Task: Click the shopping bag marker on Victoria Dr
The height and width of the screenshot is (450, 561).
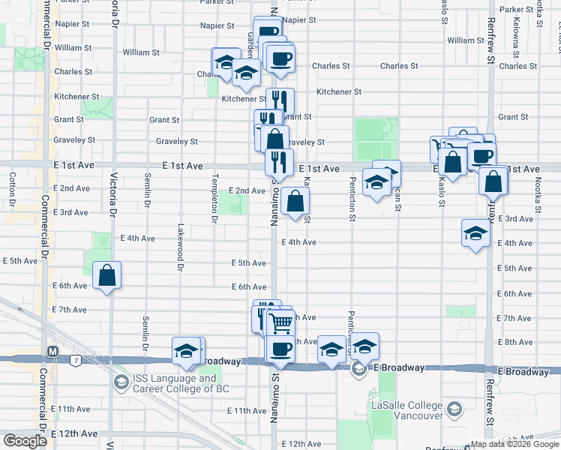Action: point(107,275)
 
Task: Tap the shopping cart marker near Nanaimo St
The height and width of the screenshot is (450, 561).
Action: point(281,324)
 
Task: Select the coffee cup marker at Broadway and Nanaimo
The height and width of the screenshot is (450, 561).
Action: point(281,349)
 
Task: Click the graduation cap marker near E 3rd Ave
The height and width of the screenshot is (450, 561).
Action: point(475,234)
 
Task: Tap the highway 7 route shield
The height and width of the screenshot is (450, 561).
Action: point(76,361)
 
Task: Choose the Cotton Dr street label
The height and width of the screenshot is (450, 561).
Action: point(13,190)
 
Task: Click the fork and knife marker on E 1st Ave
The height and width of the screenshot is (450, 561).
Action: point(278,161)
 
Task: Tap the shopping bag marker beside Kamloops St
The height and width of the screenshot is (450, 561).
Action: point(296,201)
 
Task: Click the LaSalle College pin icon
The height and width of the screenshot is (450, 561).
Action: point(454,409)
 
